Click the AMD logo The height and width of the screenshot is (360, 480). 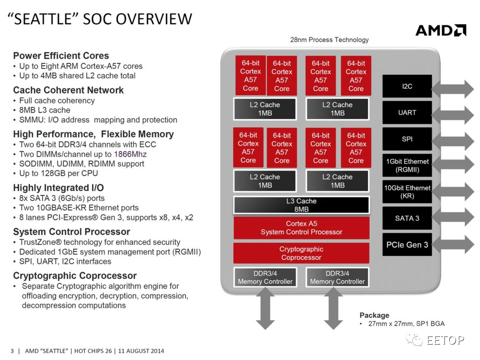pyautogui.click(x=440, y=31)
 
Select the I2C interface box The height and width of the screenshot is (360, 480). pyautogui.click(x=407, y=86)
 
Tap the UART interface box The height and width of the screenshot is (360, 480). pyautogui.click(x=407, y=113)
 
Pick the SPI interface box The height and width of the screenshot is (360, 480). pyautogui.click(x=407, y=139)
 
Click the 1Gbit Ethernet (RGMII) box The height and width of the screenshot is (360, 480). pyautogui.click(x=407, y=166)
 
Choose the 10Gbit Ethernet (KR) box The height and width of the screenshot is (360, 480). pyautogui.click(x=407, y=192)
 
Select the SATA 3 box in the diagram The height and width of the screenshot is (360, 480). pyautogui.click(x=407, y=218)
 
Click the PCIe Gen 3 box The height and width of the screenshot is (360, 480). pyautogui.click(x=407, y=245)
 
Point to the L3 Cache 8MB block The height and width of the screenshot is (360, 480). pyautogui.click(x=301, y=205)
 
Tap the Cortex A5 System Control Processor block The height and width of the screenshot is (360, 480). pyautogui.click(x=301, y=228)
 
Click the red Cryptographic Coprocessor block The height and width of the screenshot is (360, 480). pyautogui.click(x=301, y=253)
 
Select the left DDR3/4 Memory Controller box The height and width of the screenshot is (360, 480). pyautogui.click(x=265, y=277)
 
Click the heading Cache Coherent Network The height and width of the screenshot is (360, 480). pyautogui.click(x=68, y=90)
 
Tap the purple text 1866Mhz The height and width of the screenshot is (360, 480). pyautogui.click(x=130, y=154)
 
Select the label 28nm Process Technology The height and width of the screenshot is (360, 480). pyautogui.click(x=329, y=40)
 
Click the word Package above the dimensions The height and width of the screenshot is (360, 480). pyautogui.click(x=374, y=315)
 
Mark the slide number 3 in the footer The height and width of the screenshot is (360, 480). pyautogui.click(x=12, y=351)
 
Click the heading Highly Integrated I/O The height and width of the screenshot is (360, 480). pyautogui.click(x=58, y=188)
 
